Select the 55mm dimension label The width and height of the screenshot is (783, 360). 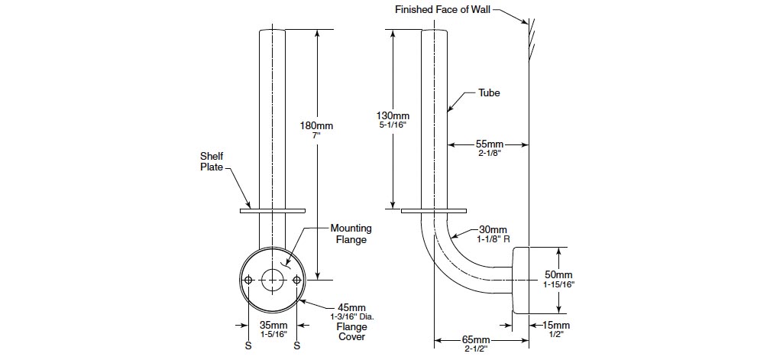point(490,144)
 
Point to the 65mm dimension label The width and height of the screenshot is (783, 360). point(477,339)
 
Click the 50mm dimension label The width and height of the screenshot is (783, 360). point(558,274)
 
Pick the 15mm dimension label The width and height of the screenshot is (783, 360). point(558,325)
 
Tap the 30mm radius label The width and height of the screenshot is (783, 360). point(493,229)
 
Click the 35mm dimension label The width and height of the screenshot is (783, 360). point(273,325)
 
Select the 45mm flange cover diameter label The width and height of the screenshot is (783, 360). point(347,307)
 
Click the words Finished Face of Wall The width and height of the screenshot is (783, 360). point(442,9)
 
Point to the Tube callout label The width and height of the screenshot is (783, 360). point(489,92)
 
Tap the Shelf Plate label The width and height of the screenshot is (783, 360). point(212,161)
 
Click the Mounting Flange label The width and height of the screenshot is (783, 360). point(351,233)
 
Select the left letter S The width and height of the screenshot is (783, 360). point(248,345)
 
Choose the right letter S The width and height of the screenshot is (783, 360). point(297,345)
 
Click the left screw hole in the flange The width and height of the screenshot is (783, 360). point(248,281)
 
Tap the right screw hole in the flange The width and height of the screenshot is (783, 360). point(297,281)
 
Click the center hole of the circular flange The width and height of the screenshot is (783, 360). point(273,280)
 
